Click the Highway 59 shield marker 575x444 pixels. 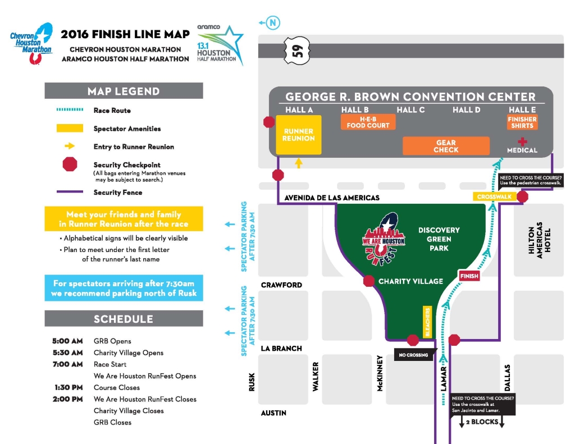(297, 51)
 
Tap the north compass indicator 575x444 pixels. (272, 23)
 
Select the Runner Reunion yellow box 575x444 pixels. (299, 135)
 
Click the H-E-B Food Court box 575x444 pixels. (368, 122)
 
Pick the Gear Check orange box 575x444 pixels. (446, 146)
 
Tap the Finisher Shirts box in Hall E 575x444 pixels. (522, 122)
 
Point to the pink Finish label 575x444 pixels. (469, 276)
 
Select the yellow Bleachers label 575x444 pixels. (428, 322)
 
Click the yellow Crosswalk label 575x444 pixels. (494, 197)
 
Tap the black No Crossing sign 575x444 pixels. (413, 355)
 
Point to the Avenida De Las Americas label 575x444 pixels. (332, 198)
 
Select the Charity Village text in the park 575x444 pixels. (410, 281)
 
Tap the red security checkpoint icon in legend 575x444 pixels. (70, 164)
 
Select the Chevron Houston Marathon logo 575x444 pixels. (31, 43)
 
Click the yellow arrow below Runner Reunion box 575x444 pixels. (299, 163)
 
